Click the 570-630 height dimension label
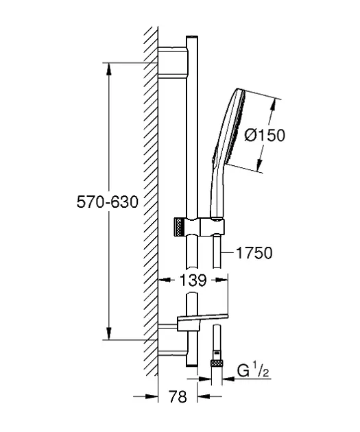pos(107,202)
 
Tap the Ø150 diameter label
pos(265,135)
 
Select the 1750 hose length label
pos(254,252)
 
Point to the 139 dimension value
pos(193,280)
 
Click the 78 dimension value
pos(178,397)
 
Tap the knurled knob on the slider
pos(179,227)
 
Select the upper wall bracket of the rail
pos(173,61)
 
